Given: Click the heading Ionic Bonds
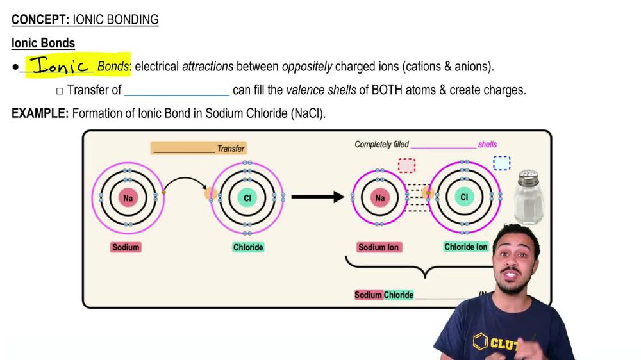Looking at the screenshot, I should [x=43, y=44].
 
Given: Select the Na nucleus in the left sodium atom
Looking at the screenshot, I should [x=128, y=198].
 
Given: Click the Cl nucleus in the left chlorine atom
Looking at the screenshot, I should [x=247, y=198].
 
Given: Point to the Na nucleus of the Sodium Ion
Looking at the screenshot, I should [x=380, y=197].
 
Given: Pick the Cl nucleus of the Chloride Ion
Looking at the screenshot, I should [x=464, y=197].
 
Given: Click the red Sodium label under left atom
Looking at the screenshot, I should [x=126, y=247].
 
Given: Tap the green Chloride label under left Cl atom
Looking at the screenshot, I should [x=248, y=247].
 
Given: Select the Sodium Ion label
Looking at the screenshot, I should [x=379, y=247].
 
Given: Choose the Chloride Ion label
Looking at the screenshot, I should [x=466, y=247].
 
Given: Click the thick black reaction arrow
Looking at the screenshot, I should [x=318, y=197].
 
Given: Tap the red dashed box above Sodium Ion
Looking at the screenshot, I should [x=406, y=165].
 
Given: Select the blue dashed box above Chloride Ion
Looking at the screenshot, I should [x=502, y=163].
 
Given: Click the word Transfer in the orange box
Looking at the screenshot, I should [x=231, y=149].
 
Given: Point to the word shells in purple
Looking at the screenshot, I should [x=487, y=144].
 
